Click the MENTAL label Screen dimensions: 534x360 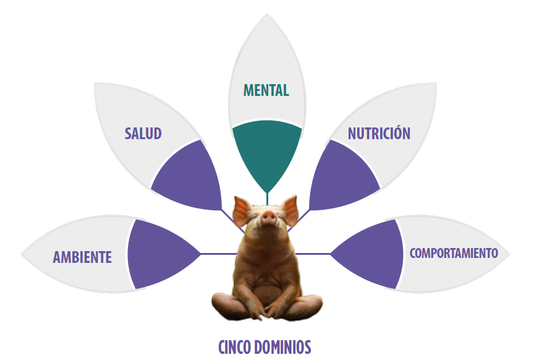click(266, 90)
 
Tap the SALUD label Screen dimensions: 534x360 click(143, 133)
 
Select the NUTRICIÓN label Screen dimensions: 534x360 click(379, 132)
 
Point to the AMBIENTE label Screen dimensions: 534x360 click(82, 257)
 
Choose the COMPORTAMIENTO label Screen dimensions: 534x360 click(454, 253)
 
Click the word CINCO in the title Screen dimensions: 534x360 click(235, 347)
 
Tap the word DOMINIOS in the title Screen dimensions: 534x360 click(282, 347)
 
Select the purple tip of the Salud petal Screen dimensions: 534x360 click(221, 208)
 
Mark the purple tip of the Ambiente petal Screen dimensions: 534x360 click(200, 254)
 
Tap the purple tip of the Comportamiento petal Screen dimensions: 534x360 click(331, 254)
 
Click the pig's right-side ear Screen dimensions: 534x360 click(290, 210)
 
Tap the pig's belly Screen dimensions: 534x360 click(268, 289)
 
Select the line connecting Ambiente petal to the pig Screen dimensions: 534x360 click(219, 254)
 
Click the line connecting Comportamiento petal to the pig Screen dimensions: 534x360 click(313, 254)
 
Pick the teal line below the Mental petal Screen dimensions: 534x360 click(268, 199)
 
